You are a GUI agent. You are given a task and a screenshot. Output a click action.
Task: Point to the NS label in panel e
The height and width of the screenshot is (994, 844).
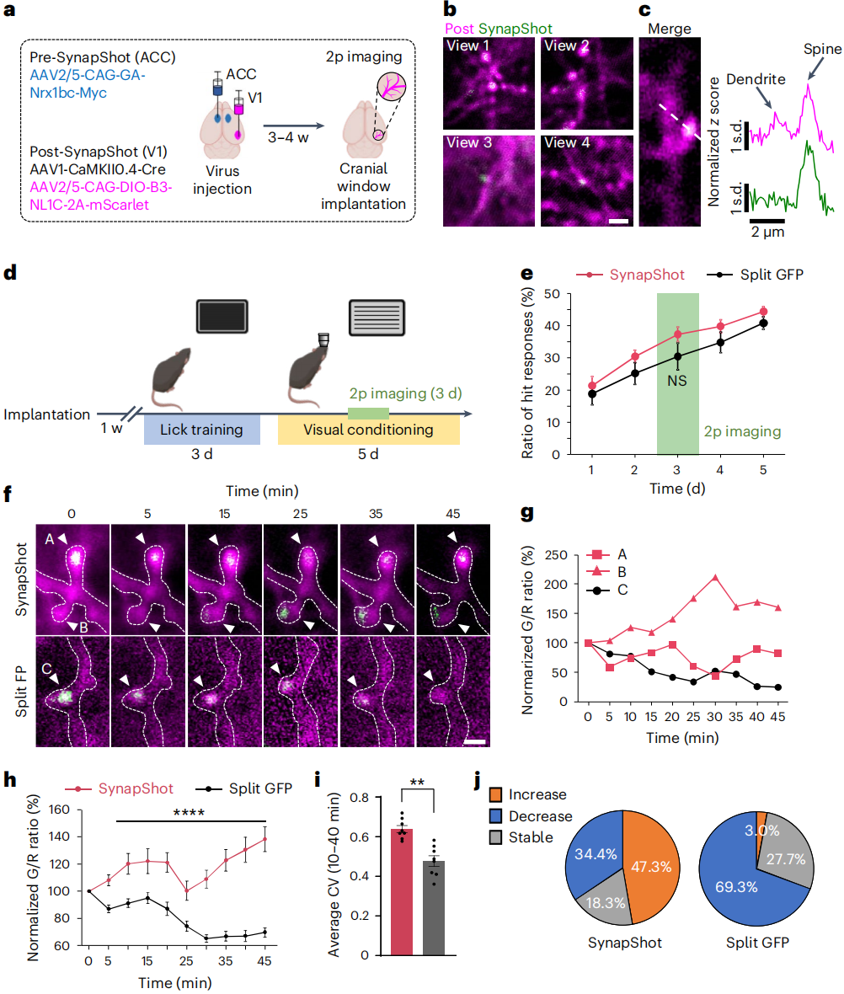point(677,380)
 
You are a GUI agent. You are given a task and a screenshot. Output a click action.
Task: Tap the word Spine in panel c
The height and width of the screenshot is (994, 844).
point(821,50)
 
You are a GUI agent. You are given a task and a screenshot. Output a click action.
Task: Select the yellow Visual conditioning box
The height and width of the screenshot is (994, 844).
point(369,430)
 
